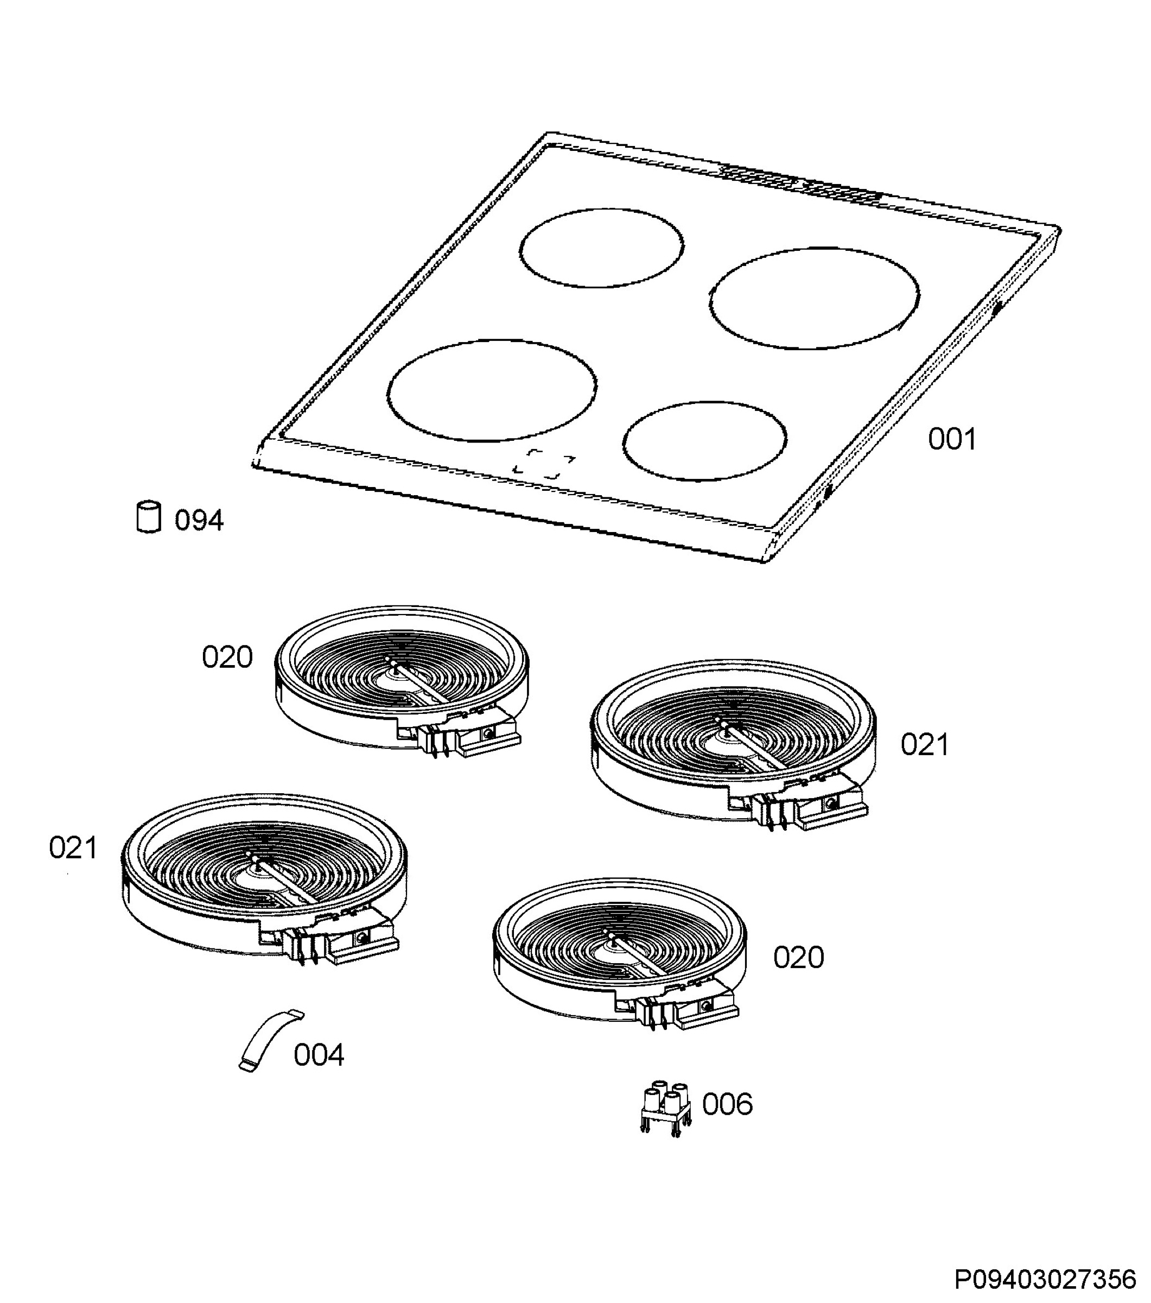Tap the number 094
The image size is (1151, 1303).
click(x=199, y=521)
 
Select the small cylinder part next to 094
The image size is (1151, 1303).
click(x=149, y=516)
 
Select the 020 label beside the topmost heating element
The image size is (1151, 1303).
click(x=227, y=657)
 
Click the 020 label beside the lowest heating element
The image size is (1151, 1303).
click(x=799, y=958)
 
